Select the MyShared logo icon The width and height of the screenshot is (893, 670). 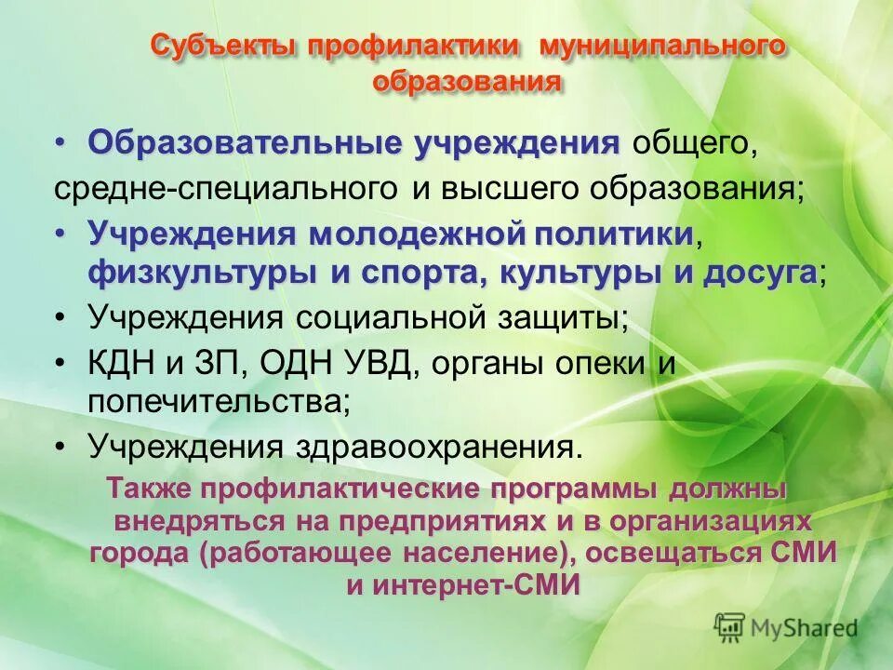[x=730, y=625]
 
